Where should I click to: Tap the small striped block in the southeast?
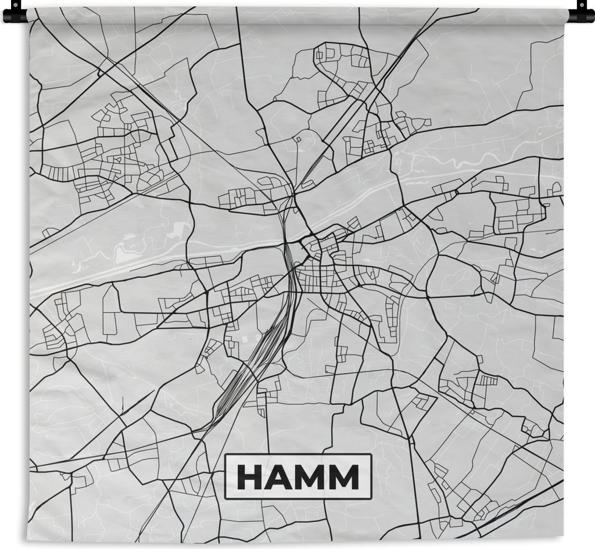tap(488, 381)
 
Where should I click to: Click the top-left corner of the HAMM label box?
tap(225, 454)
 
